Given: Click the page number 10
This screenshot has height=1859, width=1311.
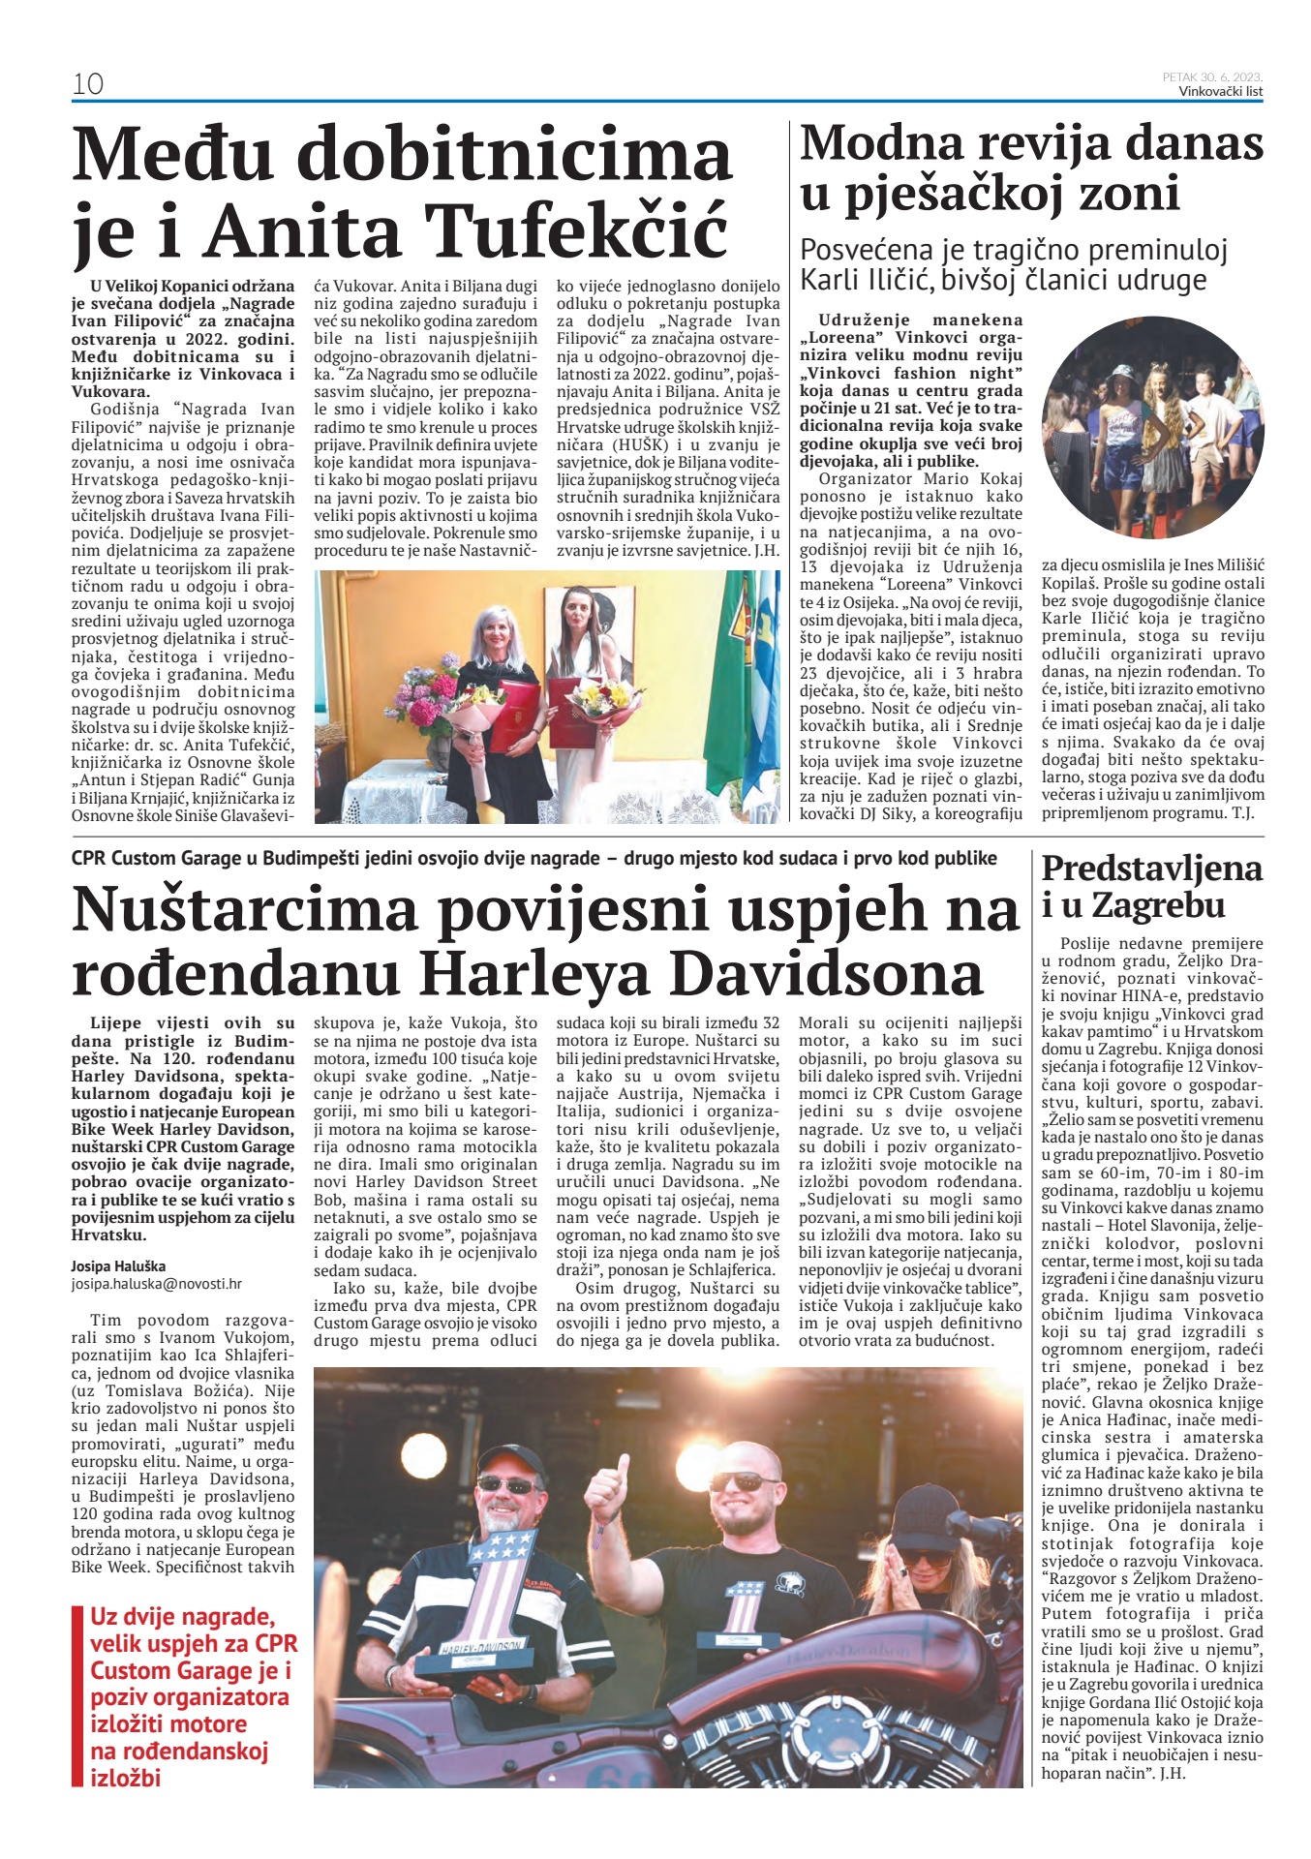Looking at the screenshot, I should tap(87, 84).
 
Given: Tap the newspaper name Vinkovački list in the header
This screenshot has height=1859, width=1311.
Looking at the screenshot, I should tap(1220, 92).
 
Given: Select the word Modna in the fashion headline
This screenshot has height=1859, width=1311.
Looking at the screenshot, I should tap(879, 144).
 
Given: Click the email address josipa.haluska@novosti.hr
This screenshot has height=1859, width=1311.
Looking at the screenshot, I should tap(157, 1284).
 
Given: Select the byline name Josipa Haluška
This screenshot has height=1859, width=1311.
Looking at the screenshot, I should tap(118, 1265).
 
